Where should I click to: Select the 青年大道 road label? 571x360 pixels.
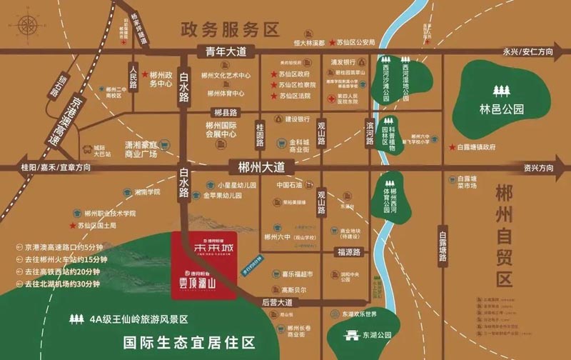pyautogui.click(x=226, y=51)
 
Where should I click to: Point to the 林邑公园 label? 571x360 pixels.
pyautogui.click(x=502, y=110)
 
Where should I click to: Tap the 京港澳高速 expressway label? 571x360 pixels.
pyautogui.click(x=64, y=117)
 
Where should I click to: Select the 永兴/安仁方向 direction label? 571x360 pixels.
pyautogui.click(x=527, y=51)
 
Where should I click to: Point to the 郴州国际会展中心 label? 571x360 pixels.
pyautogui.click(x=218, y=129)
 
